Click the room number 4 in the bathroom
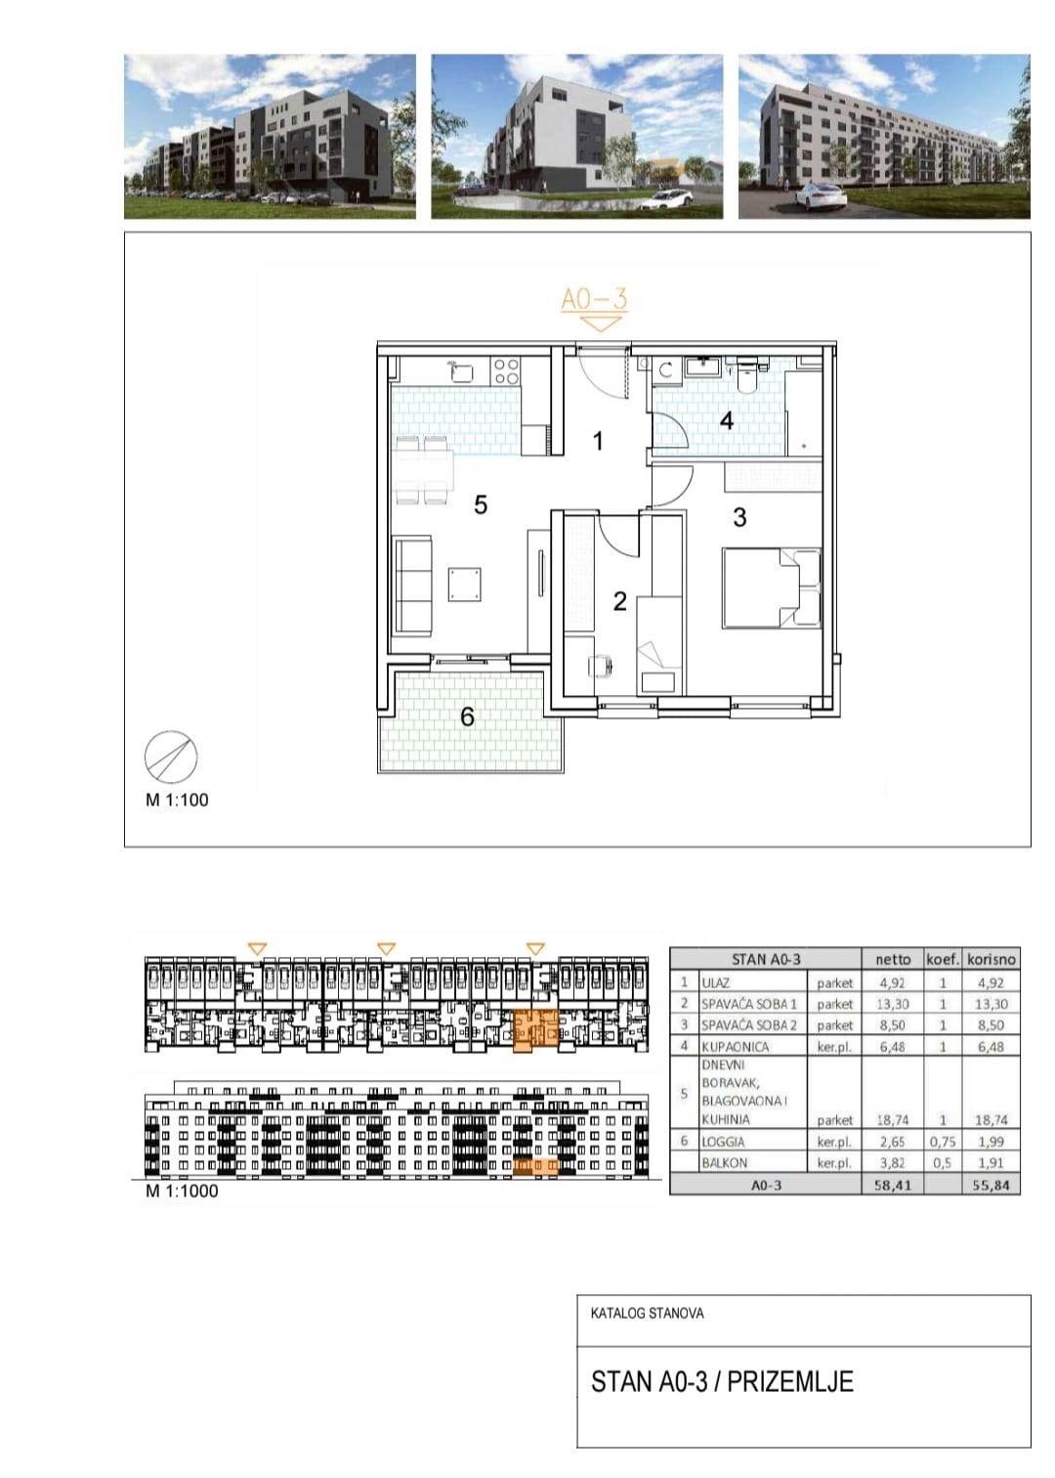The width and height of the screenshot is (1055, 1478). point(726,420)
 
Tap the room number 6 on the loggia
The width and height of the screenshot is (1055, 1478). point(467,717)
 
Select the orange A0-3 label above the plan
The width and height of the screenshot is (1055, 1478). point(594,299)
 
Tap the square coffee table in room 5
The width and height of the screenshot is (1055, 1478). point(465,584)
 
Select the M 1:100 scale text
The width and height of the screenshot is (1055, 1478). point(177,801)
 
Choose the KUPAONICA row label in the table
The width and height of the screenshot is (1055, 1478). point(726,1047)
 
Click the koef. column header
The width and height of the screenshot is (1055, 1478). point(943,959)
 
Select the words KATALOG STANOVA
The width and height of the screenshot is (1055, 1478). point(647,1313)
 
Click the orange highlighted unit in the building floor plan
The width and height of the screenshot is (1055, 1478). point(535,1028)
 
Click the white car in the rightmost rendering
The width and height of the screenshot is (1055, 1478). point(821,195)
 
